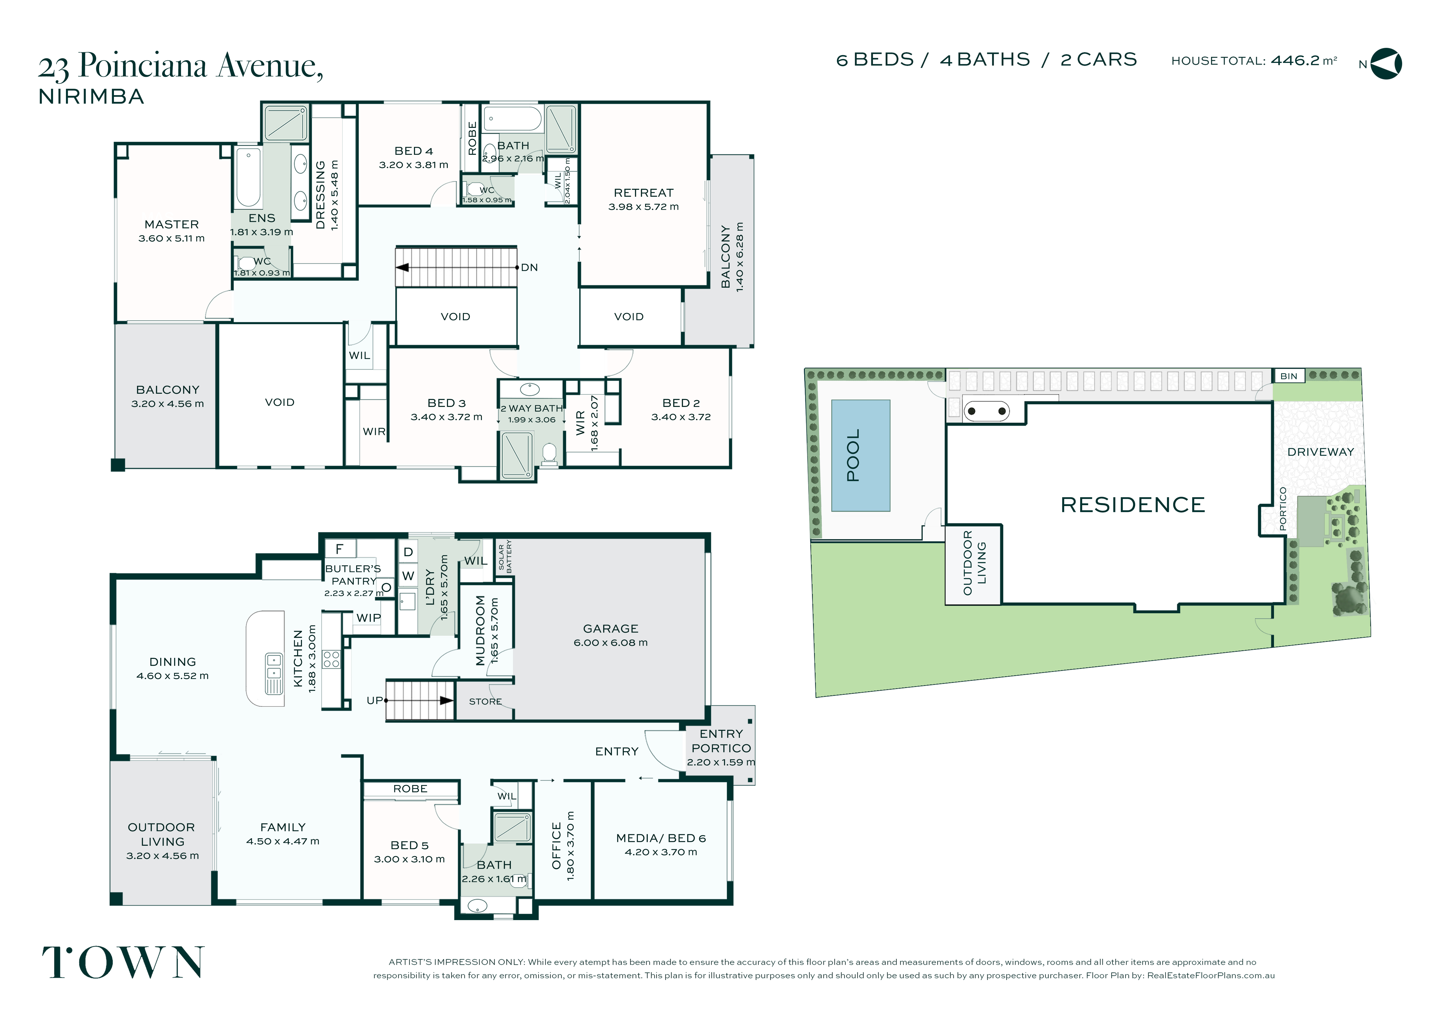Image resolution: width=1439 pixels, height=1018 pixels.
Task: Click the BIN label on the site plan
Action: (1289, 376)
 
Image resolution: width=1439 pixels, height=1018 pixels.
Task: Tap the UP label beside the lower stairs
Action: (375, 700)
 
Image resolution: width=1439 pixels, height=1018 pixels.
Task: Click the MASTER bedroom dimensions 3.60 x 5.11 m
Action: (171, 238)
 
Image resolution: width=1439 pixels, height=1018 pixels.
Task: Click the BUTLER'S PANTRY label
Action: (353, 575)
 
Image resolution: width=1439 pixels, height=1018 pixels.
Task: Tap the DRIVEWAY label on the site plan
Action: (1321, 452)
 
